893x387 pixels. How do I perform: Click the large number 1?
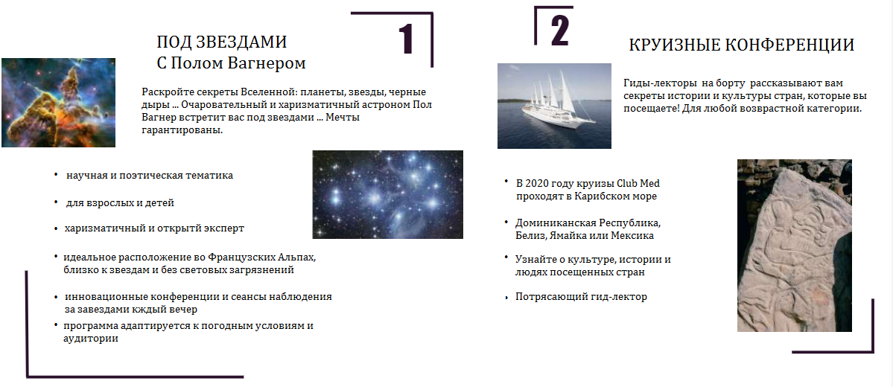(405, 39)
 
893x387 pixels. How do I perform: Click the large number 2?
(559, 30)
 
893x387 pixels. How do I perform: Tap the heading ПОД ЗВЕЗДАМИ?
(221, 42)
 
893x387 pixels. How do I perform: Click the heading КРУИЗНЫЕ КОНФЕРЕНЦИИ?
(742, 45)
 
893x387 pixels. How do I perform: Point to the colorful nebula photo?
(58, 103)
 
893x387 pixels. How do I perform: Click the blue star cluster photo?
(388, 195)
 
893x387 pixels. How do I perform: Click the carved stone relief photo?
(795, 246)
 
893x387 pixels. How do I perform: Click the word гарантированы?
(182, 130)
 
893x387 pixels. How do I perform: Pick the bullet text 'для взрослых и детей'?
(120, 202)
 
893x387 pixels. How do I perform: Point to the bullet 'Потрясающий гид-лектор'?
(582, 297)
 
